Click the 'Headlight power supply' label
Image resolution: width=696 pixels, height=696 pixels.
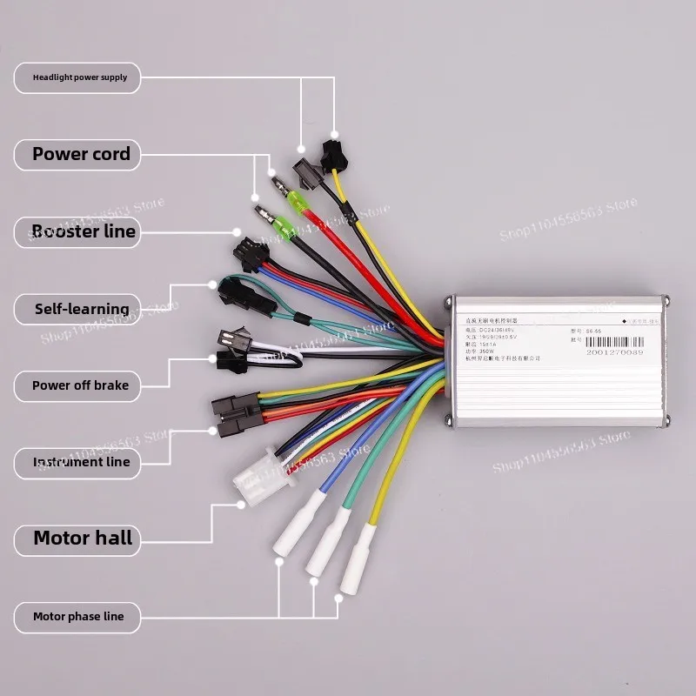[x=79, y=77]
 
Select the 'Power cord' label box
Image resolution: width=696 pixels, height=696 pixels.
[x=81, y=155]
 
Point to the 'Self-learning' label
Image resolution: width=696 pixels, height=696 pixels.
[x=81, y=309]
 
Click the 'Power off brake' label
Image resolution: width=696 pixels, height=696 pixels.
[x=80, y=385]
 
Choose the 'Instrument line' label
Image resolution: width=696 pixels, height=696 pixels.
[x=81, y=462]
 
